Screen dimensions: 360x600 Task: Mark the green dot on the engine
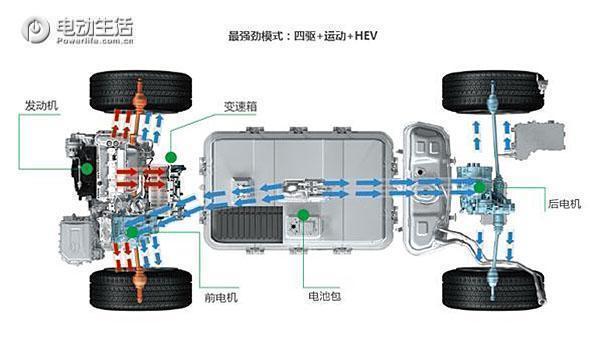pyautogui.click(x=87, y=169)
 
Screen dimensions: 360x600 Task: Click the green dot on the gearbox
pyautogui.click(x=171, y=156)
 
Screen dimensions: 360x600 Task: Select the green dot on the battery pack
pyautogui.click(x=300, y=213)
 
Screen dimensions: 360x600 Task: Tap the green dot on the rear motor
pyautogui.click(x=481, y=186)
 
